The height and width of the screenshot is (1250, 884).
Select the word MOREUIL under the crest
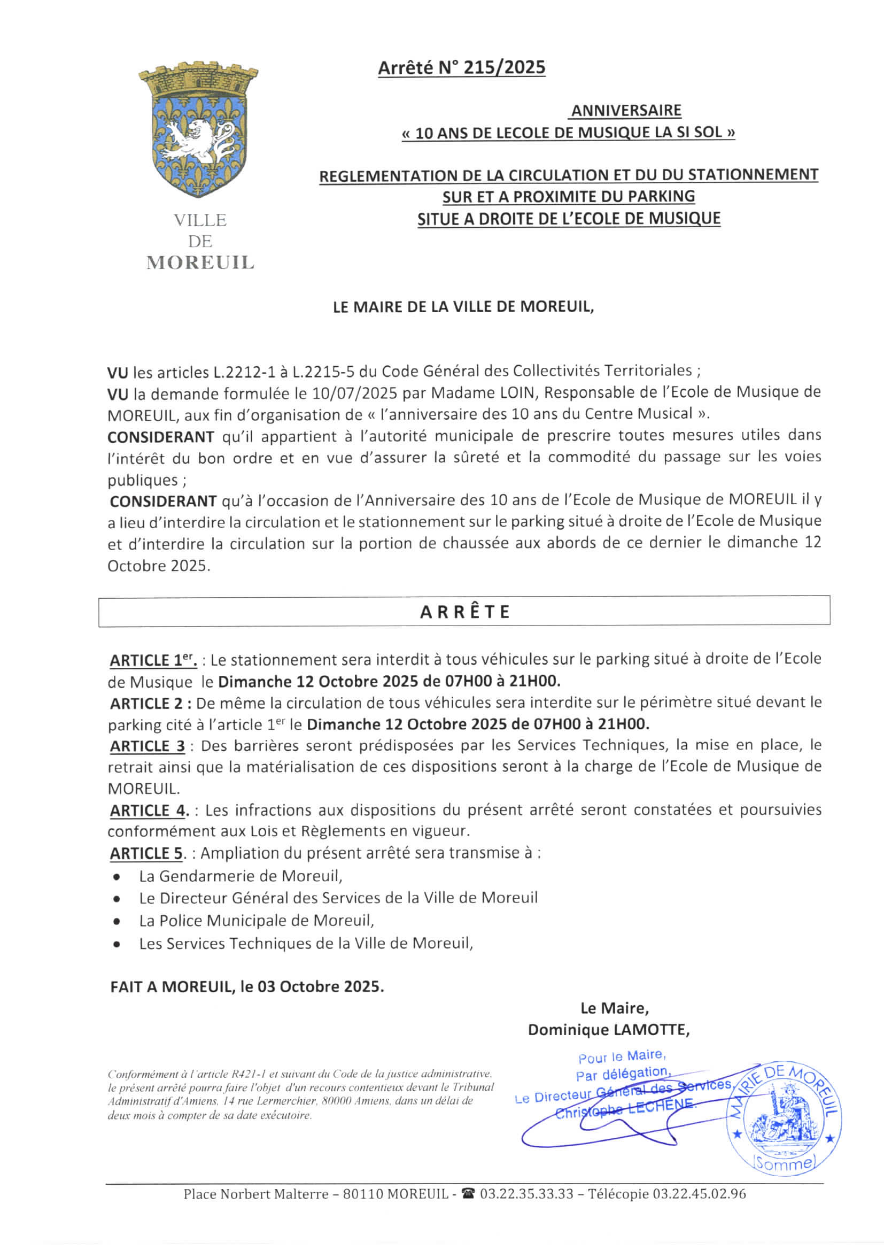pos(200,263)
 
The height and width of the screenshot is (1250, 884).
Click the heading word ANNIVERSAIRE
pos(625,111)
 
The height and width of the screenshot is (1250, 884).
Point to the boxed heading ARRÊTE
pos(464,612)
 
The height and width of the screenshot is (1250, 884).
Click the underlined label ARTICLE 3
pos(148,746)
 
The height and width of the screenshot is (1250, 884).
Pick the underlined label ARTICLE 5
pos(146,853)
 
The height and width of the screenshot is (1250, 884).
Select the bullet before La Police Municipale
pos(117,922)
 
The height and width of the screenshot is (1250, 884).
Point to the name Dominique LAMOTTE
pos(608,1030)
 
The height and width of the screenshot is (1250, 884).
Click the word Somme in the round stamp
pos(784,1164)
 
